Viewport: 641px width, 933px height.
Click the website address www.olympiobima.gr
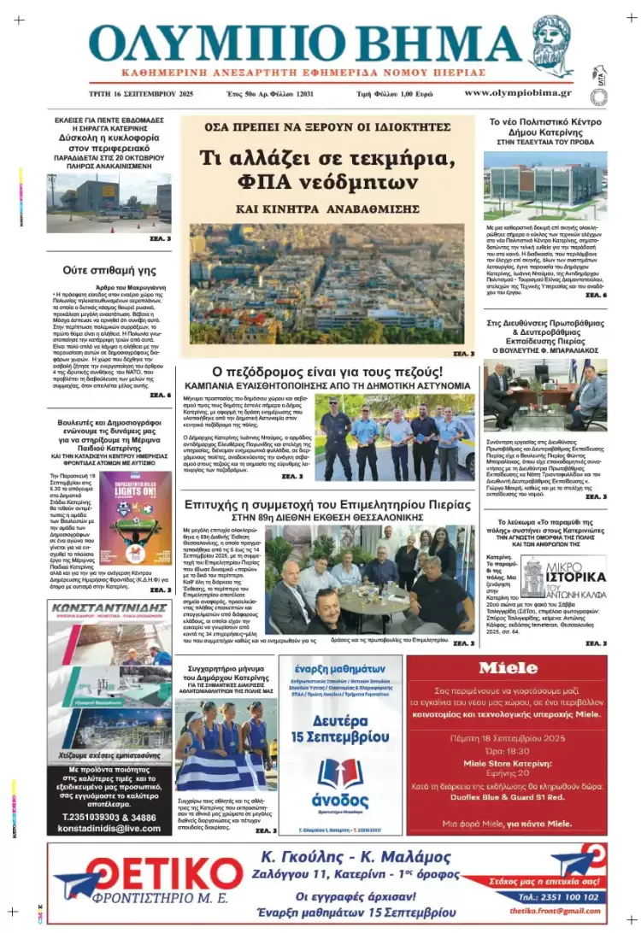pos(518,92)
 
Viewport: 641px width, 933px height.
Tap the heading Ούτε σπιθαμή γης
pos(109,268)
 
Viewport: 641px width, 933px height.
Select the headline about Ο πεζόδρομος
pos(326,373)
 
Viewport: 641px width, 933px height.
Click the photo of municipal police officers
pos(394,437)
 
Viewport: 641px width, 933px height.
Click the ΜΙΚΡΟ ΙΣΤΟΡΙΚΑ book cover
pos(563,577)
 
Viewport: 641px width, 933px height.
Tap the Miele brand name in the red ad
pos(508,668)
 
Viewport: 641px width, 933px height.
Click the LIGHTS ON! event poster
pos(134,518)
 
